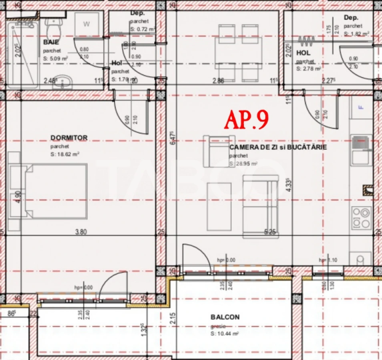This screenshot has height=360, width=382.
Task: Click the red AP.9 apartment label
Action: tap(246, 120)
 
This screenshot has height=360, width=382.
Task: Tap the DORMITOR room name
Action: tap(69, 138)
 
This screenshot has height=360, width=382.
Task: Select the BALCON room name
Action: tap(225, 317)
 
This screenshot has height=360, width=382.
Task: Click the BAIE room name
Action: tap(51, 42)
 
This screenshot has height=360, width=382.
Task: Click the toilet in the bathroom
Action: tap(52, 26)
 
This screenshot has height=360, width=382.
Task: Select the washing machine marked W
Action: tap(86, 24)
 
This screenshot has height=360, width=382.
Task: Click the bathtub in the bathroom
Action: tap(22, 54)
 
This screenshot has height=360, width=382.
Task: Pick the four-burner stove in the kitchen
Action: tap(360, 218)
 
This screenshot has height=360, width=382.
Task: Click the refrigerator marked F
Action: tap(361, 107)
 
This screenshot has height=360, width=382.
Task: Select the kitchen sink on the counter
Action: tap(361, 150)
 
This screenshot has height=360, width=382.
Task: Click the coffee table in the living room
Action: tap(219, 206)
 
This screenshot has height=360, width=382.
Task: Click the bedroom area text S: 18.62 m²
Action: tap(64, 154)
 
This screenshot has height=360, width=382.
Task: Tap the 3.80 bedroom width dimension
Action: tap(81, 231)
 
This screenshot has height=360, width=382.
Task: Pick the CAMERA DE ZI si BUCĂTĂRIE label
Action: tap(278, 147)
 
